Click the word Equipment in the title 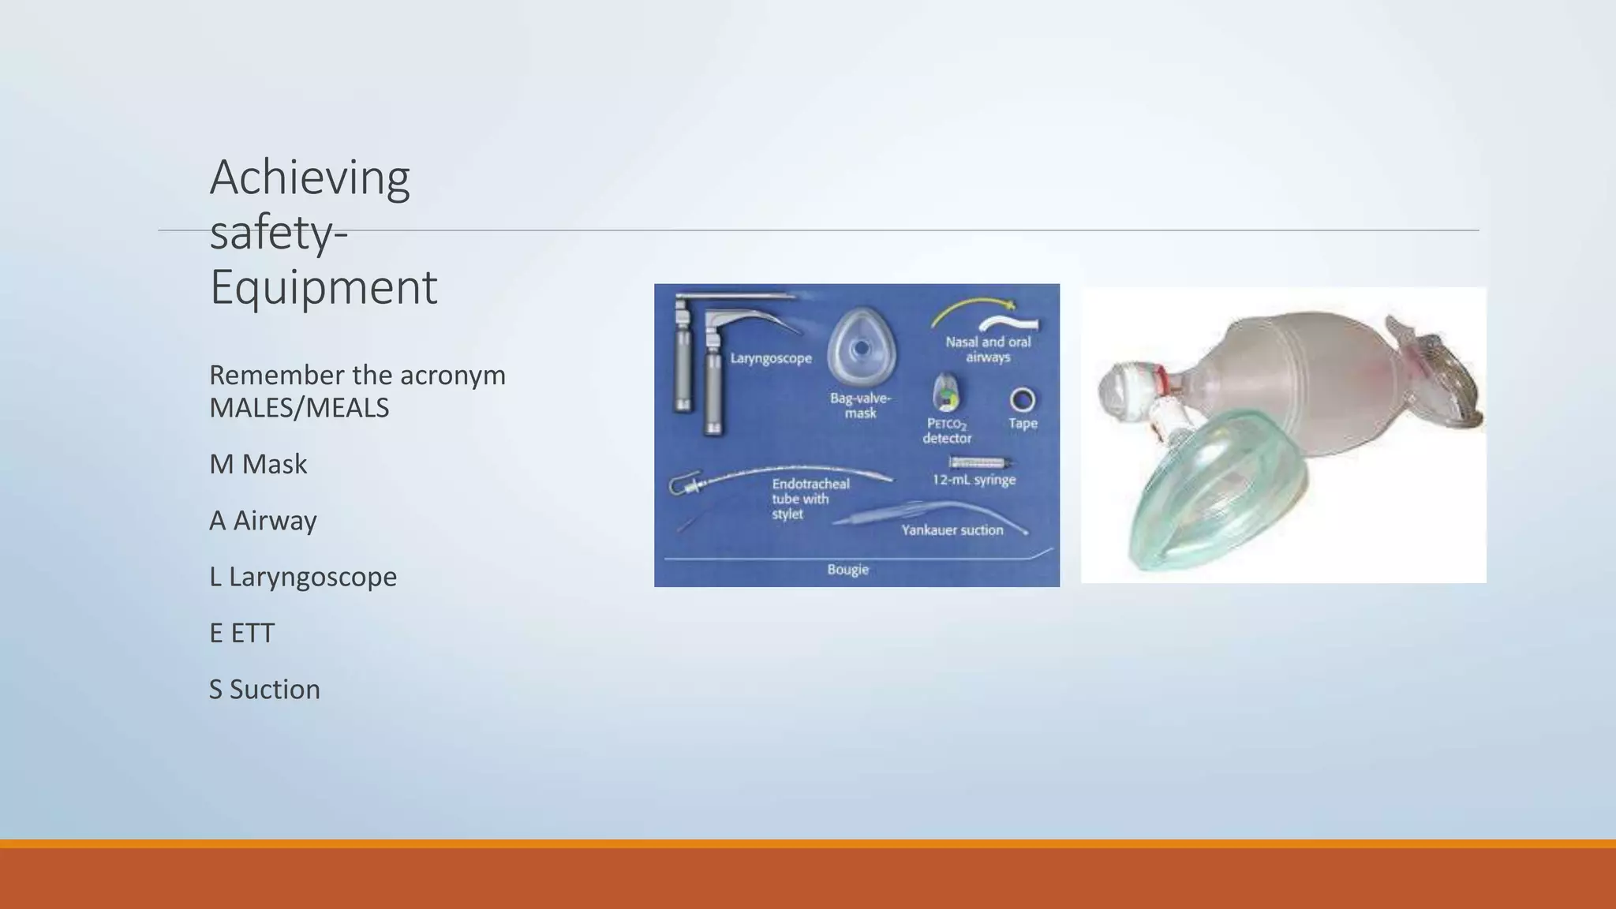tap(323, 287)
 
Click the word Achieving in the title tap(309, 178)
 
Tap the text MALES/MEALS tap(299, 408)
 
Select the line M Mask tap(258, 464)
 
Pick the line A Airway tap(263, 521)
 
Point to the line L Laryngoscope tap(303, 577)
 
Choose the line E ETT tap(241, 633)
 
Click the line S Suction tap(264, 690)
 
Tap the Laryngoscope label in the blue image tap(770, 358)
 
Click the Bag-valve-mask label tap(860, 406)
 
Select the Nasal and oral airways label tap(988, 350)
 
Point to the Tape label tap(1023, 424)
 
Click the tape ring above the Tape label tap(1023, 400)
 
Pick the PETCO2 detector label tap(947, 431)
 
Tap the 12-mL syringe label tap(974, 480)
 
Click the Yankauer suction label tap(952, 530)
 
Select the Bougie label tap(847, 570)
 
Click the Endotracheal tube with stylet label tap(810, 499)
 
